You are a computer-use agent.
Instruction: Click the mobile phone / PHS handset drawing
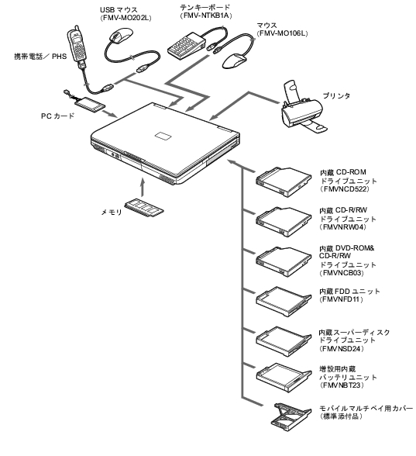76,44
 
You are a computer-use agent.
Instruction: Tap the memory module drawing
144,208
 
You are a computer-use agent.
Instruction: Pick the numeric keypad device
187,45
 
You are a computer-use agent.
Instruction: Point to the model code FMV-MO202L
125,18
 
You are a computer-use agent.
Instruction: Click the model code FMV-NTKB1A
206,16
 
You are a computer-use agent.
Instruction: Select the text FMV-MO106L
282,33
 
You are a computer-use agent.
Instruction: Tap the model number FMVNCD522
344,189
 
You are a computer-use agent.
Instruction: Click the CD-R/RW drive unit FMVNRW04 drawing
284,221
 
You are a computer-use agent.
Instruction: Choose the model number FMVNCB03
341,273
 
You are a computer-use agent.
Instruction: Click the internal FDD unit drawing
284,302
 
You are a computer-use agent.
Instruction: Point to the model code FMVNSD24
341,348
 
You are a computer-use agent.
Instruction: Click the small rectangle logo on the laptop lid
163,136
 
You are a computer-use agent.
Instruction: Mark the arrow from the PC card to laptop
111,114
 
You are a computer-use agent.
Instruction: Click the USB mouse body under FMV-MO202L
121,36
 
